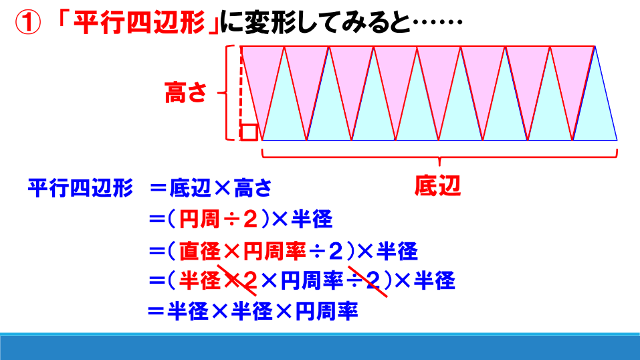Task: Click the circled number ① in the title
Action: pyautogui.click(x=28, y=22)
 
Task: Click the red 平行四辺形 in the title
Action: pyautogui.click(x=139, y=22)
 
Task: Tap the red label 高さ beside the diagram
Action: pyautogui.click(x=186, y=92)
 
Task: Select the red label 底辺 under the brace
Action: pyautogui.click(x=437, y=185)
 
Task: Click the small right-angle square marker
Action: pyautogui.click(x=249, y=132)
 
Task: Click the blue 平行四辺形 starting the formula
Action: pyautogui.click(x=80, y=188)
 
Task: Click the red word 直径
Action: pyautogui.click(x=200, y=250)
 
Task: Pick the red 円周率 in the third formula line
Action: pyautogui.click(x=274, y=250)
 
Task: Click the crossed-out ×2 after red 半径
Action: pyautogui.click(x=240, y=281)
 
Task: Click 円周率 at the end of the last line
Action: pyautogui.click(x=326, y=311)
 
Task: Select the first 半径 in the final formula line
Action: pyautogui.click(x=188, y=311)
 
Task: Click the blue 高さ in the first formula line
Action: pyautogui.click(x=253, y=188)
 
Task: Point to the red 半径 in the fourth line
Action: pyautogui.click(x=200, y=281)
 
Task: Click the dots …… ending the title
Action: pyautogui.click(x=437, y=22)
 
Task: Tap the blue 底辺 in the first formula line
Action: pyautogui.click(x=190, y=188)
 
